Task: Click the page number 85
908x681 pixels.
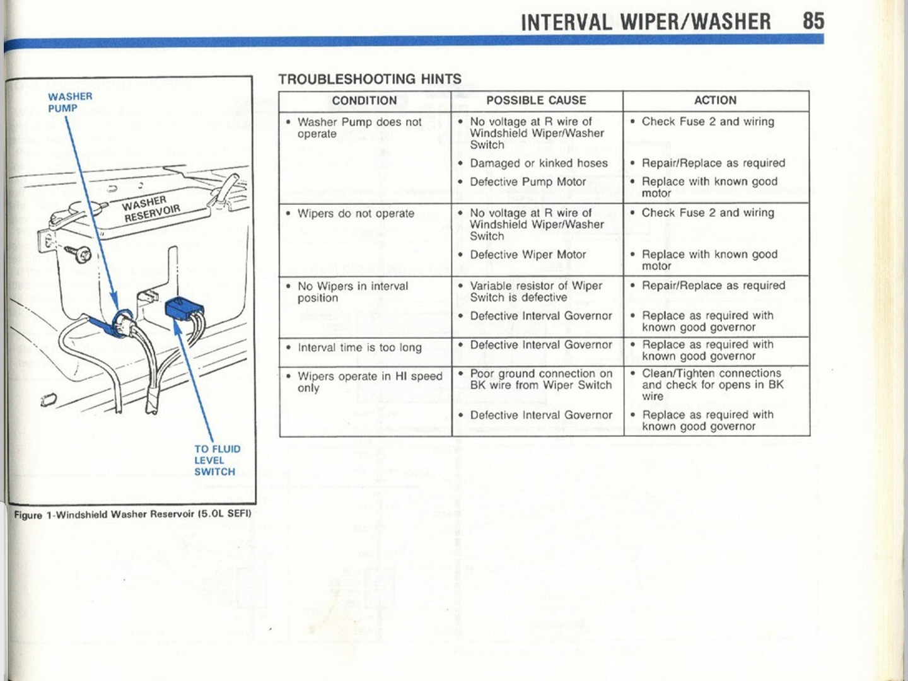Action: coord(813,21)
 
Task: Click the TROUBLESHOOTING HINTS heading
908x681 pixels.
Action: coord(370,79)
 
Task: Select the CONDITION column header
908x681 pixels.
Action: coord(364,100)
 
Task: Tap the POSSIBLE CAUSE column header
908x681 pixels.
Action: coord(536,100)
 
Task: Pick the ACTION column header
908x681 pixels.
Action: coord(716,100)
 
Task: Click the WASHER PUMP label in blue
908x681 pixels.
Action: coord(70,102)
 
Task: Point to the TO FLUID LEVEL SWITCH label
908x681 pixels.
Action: coord(217,460)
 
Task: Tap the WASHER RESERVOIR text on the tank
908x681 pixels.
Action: coord(151,209)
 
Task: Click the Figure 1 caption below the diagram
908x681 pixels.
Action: coord(132,515)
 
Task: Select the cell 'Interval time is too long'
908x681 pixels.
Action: coord(359,347)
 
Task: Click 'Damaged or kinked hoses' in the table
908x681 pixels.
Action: coord(538,163)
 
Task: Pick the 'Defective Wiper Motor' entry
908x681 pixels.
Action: coord(528,254)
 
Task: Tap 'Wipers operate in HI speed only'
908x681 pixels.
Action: coord(370,382)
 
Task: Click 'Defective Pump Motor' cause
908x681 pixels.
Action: coord(528,182)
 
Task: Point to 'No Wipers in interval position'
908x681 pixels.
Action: coord(353,292)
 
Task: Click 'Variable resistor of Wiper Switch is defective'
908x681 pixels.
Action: coord(536,291)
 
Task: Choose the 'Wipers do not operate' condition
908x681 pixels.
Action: coord(356,213)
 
